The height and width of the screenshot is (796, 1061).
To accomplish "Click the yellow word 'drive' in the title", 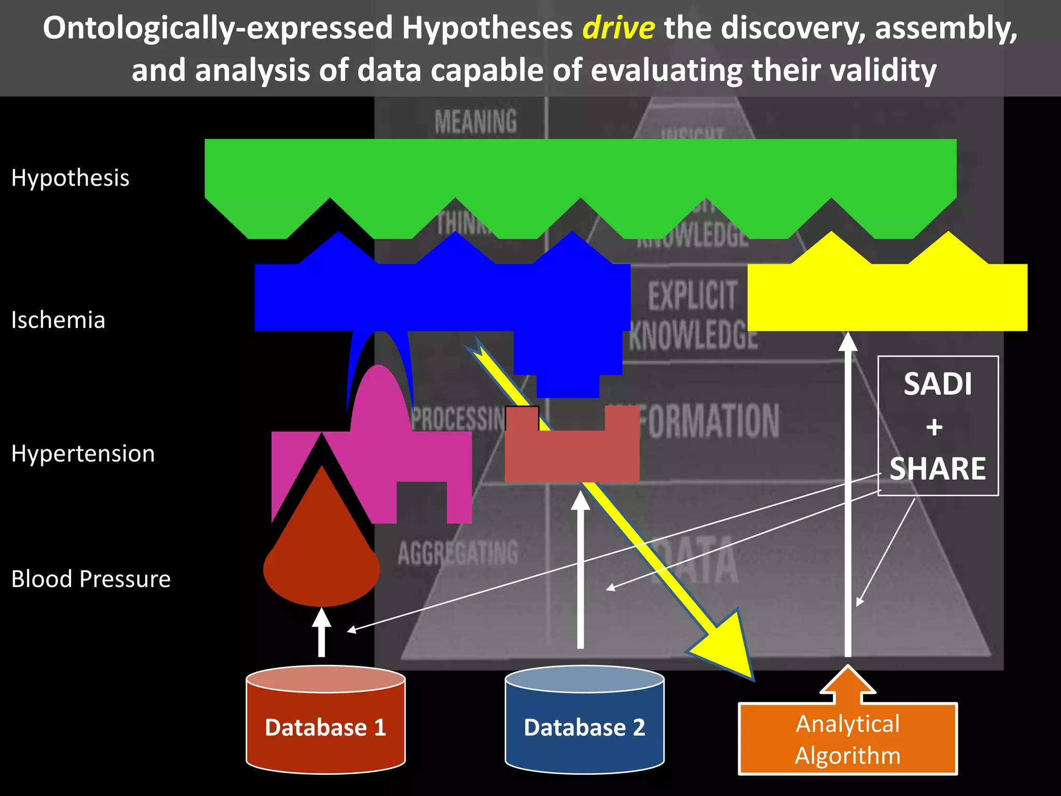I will [x=619, y=29].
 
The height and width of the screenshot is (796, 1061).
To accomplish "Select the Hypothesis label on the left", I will [x=70, y=178].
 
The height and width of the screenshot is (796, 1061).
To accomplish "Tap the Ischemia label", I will [x=58, y=320].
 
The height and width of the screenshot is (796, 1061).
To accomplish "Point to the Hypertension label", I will [x=83, y=454].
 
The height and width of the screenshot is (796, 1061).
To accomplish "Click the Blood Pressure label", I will [x=91, y=579].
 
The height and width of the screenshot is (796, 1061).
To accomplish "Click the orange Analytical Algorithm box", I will [x=848, y=739].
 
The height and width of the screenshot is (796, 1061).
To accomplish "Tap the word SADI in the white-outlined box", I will [x=938, y=385].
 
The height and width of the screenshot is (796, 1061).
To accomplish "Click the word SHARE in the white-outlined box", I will [x=938, y=469].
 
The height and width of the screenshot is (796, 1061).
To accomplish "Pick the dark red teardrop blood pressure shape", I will [x=322, y=555].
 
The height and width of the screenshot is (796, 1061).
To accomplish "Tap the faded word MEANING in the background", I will [x=476, y=122].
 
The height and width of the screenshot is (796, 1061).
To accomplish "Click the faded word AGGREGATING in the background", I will [x=458, y=552].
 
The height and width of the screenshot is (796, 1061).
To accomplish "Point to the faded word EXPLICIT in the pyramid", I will [x=692, y=295].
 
